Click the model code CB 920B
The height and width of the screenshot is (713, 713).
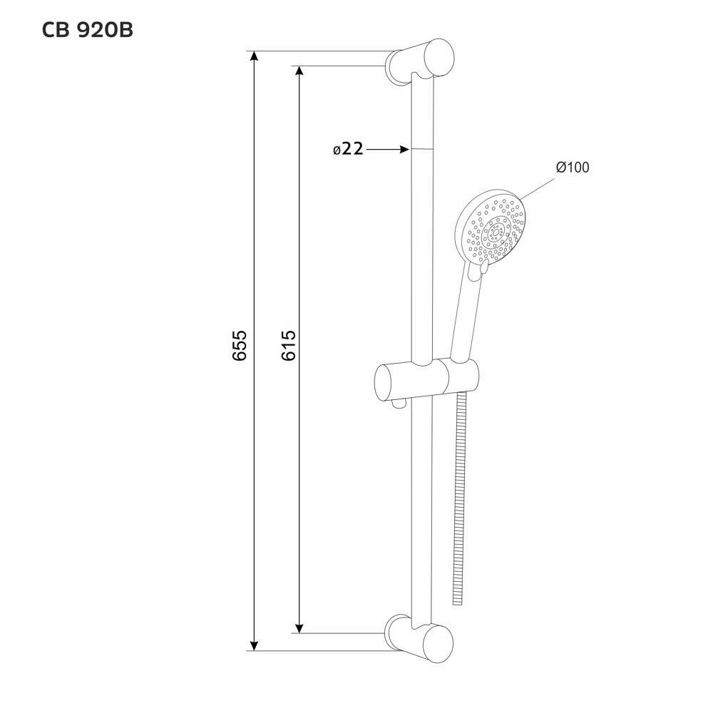click(x=87, y=31)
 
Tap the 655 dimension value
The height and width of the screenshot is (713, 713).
click(x=239, y=346)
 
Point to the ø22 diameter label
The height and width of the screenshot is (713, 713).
click(x=349, y=149)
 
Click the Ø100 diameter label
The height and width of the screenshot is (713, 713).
click(x=573, y=168)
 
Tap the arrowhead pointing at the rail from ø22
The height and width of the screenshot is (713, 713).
click(x=405, y=149)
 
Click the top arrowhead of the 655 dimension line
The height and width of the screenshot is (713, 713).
click(x=255, y=56)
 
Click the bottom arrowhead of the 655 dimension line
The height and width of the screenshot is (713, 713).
click(x=255, y=645)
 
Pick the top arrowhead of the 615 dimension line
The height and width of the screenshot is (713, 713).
click(x=299, y=71)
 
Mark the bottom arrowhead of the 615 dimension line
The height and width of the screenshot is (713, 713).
click(x=299, y=627)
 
